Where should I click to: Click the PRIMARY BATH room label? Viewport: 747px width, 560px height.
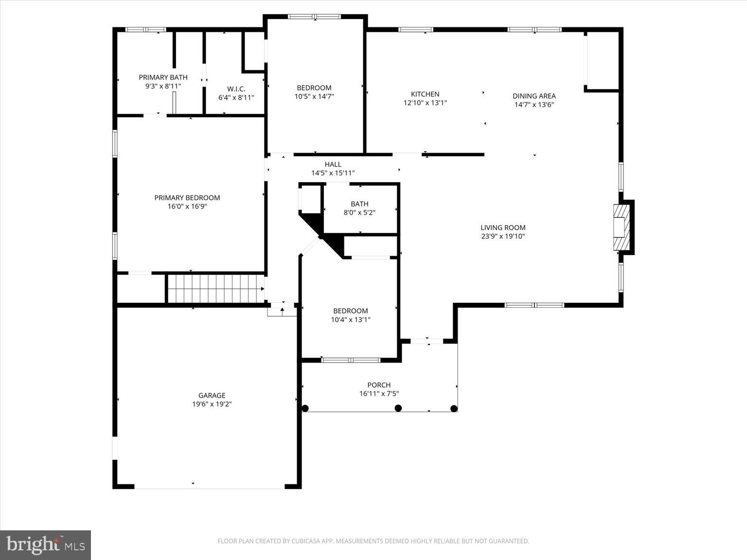click(x=163, y=77)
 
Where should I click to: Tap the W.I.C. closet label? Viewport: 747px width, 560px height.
click(x=236, y=89)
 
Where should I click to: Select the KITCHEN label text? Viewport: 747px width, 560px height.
click(x=425, y=94)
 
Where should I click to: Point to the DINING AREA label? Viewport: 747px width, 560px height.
click(x=534, y=96)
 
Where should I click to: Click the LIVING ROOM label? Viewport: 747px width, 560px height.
click(x=502, y=227)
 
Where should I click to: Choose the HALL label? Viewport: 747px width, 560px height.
click(x=333, y=164)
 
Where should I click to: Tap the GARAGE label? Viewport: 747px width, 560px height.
click(x=212, y=395)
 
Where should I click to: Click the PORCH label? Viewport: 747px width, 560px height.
click(x=378, y=385)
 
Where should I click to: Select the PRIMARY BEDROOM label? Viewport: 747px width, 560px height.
click(x=187, y=198)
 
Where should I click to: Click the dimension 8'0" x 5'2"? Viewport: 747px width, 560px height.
click(x=359, y=212)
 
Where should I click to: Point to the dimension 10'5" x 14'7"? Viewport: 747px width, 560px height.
click(x=314, y=96)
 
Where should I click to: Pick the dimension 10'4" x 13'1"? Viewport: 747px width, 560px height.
click(x=350, y=319)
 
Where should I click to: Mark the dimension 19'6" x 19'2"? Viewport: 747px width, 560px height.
click(x=212, y=404)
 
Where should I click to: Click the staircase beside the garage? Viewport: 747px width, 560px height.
click(x=215, y=288)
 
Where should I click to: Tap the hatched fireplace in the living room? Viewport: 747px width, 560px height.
click(x=621, y=227)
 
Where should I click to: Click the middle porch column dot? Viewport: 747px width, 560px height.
click(x=398, y=408)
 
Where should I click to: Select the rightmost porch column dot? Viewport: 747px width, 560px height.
click(x=454, y=408)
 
